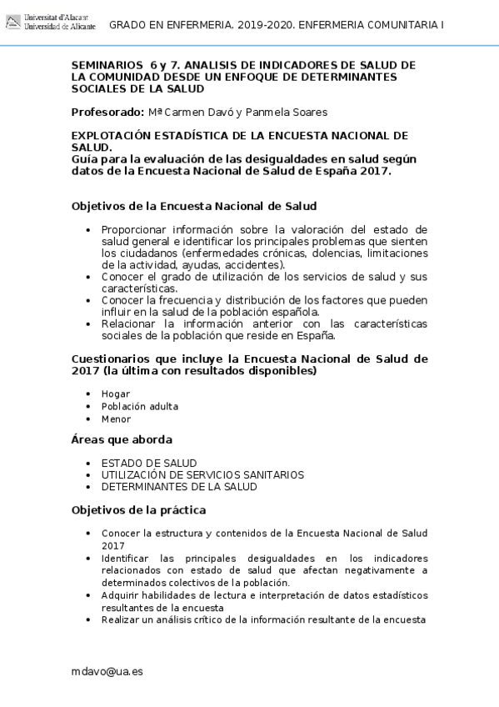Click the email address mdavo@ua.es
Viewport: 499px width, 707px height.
pyautogui.click(x=107, y=671)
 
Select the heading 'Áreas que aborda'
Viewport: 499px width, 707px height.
pyautogui.click(x=122, y=439)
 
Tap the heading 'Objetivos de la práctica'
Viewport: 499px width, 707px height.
pyautogui.click(x=138, y=509)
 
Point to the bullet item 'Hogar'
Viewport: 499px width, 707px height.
pyautogui.click(x=116, y=393)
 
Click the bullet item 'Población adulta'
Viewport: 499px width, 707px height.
pyautogui.click(x=140, y=406)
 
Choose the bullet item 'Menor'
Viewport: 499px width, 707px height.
pyautogui.click(x=117, y=419)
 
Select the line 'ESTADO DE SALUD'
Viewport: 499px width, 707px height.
pyautogui.click(x=149, y=463)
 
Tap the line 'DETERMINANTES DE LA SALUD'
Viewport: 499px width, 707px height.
pyautogui.click(x=179, y=486)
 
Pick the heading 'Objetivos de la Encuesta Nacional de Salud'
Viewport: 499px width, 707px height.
pyautogui.click(x=193, y=205)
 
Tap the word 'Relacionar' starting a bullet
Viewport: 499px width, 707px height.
pyautogui.click(x=130, y=323)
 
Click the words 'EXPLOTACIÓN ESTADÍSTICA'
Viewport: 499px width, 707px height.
pyautogui.click(x=147, y=134)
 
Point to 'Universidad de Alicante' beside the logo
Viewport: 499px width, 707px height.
pyautogui.click(x=61, y=28)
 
